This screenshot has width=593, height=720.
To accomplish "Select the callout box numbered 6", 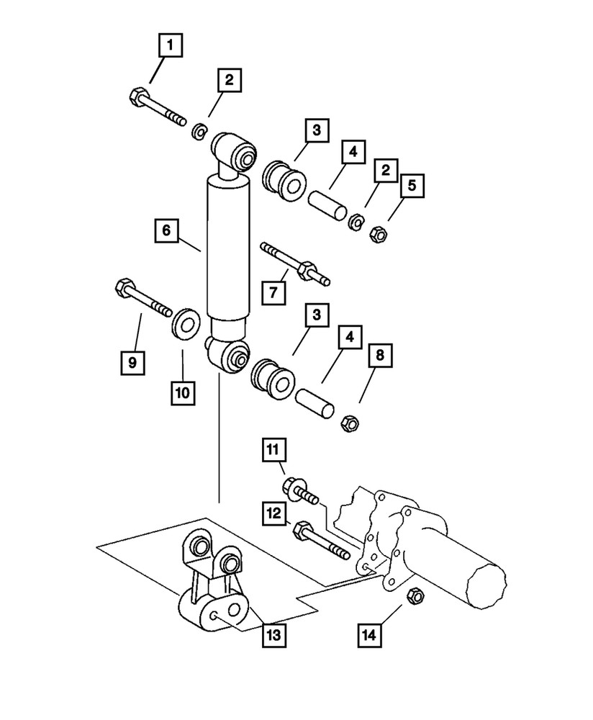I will coord(166,230).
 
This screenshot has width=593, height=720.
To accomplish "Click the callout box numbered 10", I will coord(183,392).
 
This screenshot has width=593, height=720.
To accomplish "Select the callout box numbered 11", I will coord(274,452).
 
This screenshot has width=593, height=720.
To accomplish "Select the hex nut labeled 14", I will coord(415,595).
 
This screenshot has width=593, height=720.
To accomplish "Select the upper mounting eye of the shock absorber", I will coord(233,152).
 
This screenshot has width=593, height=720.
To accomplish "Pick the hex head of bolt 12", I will coord(303,531).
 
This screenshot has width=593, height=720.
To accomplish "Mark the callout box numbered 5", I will coord(412,186).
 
